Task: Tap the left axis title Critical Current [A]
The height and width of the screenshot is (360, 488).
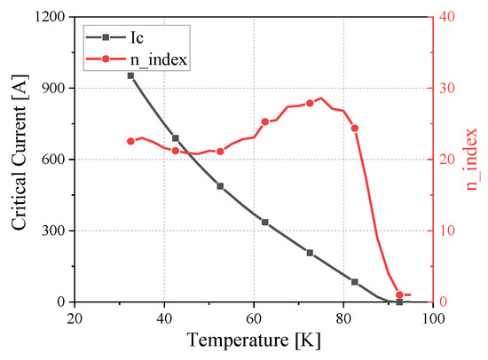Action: pyautogui.click(x=20, y=159)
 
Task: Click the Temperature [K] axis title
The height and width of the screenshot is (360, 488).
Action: pyautogui.click(x=255, y=340)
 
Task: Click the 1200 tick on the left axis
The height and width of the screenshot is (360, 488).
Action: pyautogui.click(x=49, y=17)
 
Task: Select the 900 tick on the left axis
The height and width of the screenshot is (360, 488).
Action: pyautogui.click(x=52, y=88)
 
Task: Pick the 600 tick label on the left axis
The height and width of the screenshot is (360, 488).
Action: pyautogui.click(x=52, y=160)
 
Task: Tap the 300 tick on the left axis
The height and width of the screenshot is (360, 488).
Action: pyautogui.click(x=52, y=231)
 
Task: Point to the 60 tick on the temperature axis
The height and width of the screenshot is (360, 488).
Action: pyautogui.click(x=254, y=316)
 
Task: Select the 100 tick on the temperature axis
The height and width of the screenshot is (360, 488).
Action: pyautogui.click(x=433, y=316)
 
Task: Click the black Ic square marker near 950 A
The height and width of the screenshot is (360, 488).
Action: pyautogui.click(x=130, y=75)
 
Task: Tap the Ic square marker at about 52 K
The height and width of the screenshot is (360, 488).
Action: pyautogui.click(x=220, y=186)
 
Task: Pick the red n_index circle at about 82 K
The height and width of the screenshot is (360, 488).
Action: pyautogui.click(x=355, y=129)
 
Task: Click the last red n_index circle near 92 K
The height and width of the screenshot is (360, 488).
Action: pyautogui.click(x=399, y=294)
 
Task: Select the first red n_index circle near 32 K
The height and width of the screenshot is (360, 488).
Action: pyautogui.click(x=130, y=141)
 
